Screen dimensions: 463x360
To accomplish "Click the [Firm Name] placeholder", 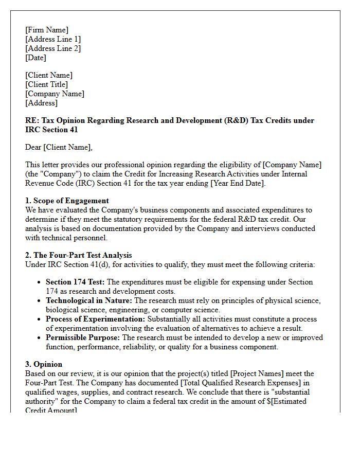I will click(x=46, y=30).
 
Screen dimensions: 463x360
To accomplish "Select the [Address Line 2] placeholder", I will click(x=53, y=48).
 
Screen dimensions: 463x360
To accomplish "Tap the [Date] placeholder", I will click(x=35, y=58).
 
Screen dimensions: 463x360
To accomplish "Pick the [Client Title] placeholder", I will click(x=46, y=84).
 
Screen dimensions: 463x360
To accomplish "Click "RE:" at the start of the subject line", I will click(x=32, y=120).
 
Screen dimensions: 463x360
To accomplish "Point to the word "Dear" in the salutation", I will click(x=33, y=148).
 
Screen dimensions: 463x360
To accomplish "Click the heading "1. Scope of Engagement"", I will click(x=67, y=201).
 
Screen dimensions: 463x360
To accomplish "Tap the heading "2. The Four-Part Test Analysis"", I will click(x=78, y=255).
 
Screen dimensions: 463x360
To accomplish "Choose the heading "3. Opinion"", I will click(x=44, y=364).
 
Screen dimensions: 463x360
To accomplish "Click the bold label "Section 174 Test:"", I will click(x=75, y=282).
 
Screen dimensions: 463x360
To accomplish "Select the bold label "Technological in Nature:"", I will click(x=89, y=300).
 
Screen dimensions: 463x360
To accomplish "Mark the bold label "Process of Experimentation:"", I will click(x=96, y=319).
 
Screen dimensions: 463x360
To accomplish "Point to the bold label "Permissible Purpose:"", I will click(x=83, y=337).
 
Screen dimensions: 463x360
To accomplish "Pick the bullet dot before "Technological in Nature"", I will click(x=40, y=300).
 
